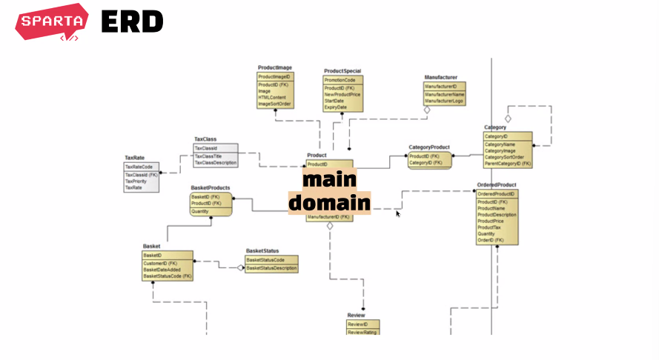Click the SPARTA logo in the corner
51,23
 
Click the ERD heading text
132,22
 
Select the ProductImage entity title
274,67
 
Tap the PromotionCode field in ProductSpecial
340,80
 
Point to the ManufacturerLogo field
445,101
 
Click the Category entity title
495,127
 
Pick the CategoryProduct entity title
429,147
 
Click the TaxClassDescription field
216,162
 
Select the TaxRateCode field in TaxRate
139,167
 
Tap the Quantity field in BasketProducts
200,211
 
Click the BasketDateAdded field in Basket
162,270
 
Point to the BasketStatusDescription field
271,268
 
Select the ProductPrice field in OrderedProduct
491,221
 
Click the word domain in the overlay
329,203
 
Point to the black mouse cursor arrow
398,214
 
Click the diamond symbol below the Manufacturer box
426,110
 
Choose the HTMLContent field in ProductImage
271,98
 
